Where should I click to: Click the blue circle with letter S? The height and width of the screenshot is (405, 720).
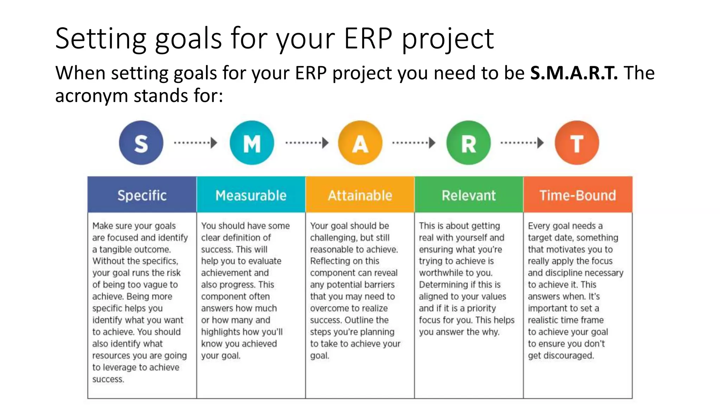point(141,143)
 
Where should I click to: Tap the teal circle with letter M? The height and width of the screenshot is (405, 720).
point(252,143)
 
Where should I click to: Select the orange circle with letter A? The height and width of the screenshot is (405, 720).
point(360,143)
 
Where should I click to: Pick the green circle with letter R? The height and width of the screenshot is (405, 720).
point(468,143)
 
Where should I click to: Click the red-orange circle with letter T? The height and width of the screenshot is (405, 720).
point(577,143)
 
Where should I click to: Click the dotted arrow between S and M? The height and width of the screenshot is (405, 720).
point(195,143)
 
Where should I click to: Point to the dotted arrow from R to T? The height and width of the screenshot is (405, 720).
point(522,143)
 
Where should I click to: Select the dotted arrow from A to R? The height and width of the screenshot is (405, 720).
point(413,143)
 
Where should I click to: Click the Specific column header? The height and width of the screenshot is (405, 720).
point(142,195)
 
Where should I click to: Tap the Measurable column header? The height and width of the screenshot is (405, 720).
point(251,195)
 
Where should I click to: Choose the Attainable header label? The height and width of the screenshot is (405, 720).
point(360,195)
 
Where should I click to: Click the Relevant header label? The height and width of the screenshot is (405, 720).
point(469,195)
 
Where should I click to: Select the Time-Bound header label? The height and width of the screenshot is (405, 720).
point(578,195)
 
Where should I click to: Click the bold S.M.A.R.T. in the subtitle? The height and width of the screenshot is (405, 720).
point(574,73)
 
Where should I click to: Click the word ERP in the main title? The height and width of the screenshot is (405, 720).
point(368,38)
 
